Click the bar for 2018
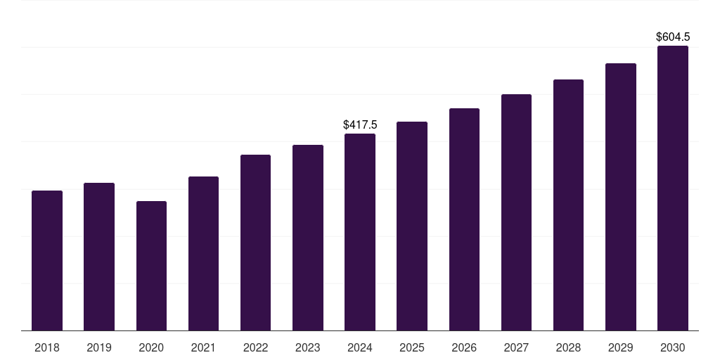click(x=47, y=260)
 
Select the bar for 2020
click(x=151, y=266)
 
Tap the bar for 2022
click(x=255, y=243)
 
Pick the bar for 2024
click(x=360, y=232)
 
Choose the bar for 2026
click(x=464, y=219)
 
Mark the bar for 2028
click(x=568, y=205)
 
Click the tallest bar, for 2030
click(x=673, y=188)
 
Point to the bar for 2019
click(x=99, y=257)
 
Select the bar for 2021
click(x=203, y=253)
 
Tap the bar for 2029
click(x=621, y=197)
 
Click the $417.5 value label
click(x=360, y=124)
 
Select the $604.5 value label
click(x=673, y=37)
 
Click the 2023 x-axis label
click(x=308, y=347)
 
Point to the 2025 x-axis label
click(x=412, y=347)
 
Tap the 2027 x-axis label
click(x=516, y=347)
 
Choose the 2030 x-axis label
click(x=673, y=347)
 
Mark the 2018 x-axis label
click(x=47, y=347)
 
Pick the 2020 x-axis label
click(x=151, y=347)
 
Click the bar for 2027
click(x=516, y=212)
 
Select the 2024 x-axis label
click(x=360, y=347)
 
